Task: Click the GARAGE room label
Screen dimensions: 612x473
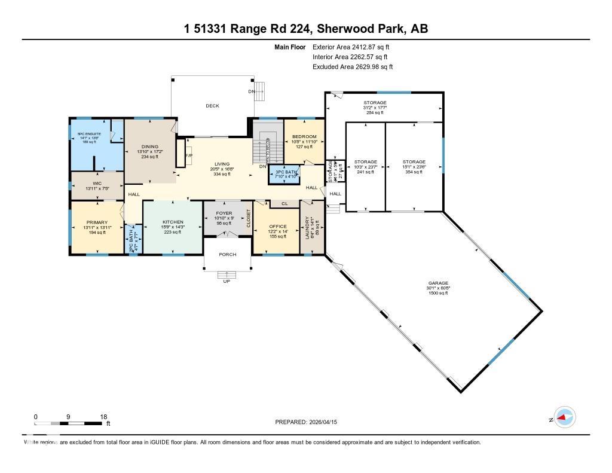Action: (437, 283)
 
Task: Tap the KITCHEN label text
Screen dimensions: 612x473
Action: (172, 222)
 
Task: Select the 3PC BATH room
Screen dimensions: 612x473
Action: (283, 172)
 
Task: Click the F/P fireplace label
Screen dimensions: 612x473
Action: (189, 155)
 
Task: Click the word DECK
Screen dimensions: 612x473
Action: (212, 106)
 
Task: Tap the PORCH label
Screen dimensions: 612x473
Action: (227, 254)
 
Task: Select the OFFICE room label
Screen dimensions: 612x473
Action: (278, 226)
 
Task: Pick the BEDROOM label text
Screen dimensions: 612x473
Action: (304, 137)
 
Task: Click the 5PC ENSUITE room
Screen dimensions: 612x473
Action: (89, 134)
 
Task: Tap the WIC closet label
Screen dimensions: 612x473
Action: (98, 184)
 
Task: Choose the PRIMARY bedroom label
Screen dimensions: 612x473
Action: (96, 222)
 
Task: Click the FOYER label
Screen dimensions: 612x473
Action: (223, 213)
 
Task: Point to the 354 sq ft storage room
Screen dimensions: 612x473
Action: (414, 162)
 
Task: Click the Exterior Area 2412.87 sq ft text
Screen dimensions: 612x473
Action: (353, 47)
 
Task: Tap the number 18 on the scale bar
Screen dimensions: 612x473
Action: (104, 417)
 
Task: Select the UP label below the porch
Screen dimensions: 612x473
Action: (226, 281)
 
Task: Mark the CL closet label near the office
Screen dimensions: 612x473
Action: (284, 204)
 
